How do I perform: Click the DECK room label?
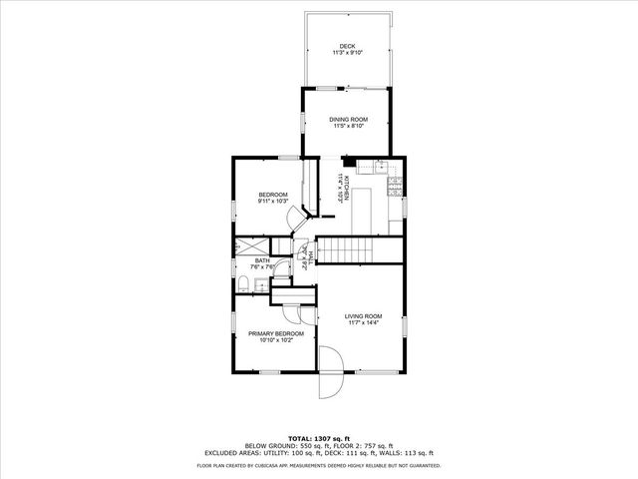347,46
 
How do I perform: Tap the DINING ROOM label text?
347,119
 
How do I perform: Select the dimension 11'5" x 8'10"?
347,127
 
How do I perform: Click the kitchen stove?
394,186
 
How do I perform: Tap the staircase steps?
344,250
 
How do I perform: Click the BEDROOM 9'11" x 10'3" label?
273,194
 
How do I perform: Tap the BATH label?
261,260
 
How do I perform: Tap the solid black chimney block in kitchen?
348,161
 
